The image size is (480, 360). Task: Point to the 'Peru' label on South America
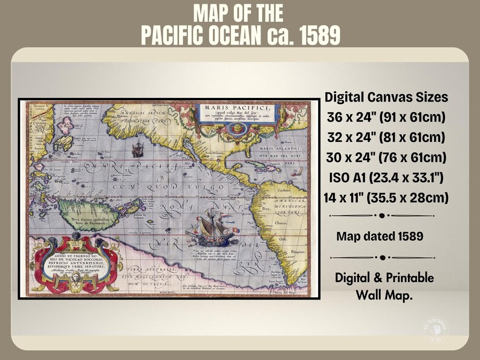click(265, 210)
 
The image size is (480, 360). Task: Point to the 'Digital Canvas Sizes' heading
click(386, 97)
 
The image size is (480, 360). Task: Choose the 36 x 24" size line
click(386, 117)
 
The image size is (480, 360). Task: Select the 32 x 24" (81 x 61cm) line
click(386, 137)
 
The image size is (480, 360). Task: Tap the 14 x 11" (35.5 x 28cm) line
click(386, 197)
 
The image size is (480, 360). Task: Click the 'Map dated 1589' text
click(380, 236)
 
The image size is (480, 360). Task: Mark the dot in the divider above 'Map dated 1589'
click(382, 215)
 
